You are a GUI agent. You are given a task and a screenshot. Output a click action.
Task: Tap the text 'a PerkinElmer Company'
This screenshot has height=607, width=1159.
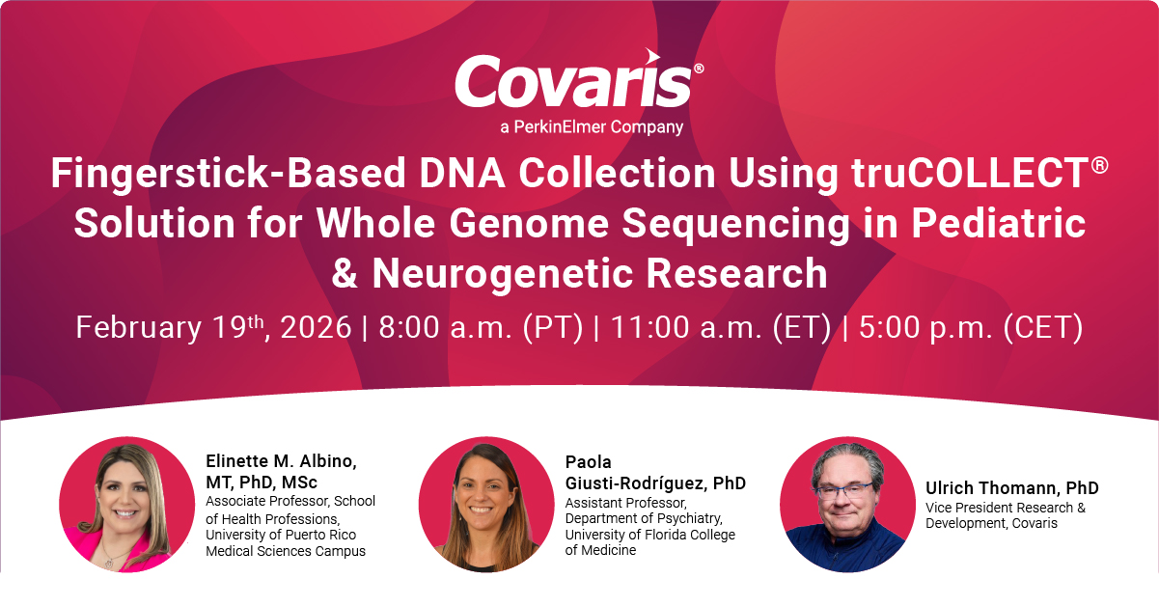(592, 127)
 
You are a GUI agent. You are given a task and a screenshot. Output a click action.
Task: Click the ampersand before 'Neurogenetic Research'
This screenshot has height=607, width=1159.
(345, 274)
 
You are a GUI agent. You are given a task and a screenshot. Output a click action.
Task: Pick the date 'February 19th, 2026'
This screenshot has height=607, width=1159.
(213, 327)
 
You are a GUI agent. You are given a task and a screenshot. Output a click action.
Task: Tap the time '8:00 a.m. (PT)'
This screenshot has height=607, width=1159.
(481, 327)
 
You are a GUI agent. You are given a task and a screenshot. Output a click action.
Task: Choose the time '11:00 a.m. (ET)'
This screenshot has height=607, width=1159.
(721, 327)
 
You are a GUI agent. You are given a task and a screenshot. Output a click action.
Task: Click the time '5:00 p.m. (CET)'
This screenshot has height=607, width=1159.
(971, 327)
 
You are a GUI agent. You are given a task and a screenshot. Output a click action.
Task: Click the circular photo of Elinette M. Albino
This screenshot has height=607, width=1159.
(126, 505)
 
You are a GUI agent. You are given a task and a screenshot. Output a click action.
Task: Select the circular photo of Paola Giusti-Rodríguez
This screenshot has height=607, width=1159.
(485, 505)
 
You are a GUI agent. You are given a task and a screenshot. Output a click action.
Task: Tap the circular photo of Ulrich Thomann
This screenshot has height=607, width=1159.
(847, 505)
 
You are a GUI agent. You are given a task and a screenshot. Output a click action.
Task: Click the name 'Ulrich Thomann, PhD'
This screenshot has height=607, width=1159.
(1012, 488)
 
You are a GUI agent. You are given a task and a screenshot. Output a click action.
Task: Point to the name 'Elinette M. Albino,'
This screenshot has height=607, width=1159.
(282, 461)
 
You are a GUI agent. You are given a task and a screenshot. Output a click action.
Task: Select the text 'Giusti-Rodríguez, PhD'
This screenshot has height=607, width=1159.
(655, 483)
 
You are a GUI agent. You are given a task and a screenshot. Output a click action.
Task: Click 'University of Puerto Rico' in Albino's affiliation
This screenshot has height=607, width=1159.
(281, 535)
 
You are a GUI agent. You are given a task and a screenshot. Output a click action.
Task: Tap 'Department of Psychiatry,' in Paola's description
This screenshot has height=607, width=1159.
(644, 518)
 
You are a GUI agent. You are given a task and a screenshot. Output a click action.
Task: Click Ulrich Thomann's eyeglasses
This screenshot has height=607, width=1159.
(844, 489)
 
